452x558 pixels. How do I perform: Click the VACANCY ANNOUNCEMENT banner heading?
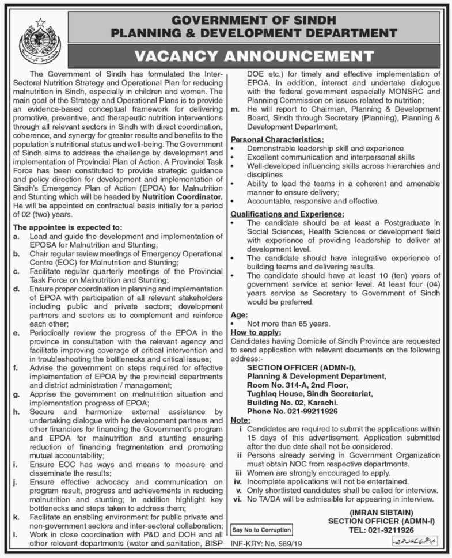253,56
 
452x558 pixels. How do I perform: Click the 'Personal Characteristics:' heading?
277,139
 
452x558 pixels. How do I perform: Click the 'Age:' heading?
239,316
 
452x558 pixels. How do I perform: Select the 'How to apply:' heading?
256,333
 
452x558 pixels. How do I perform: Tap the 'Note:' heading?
241,420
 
